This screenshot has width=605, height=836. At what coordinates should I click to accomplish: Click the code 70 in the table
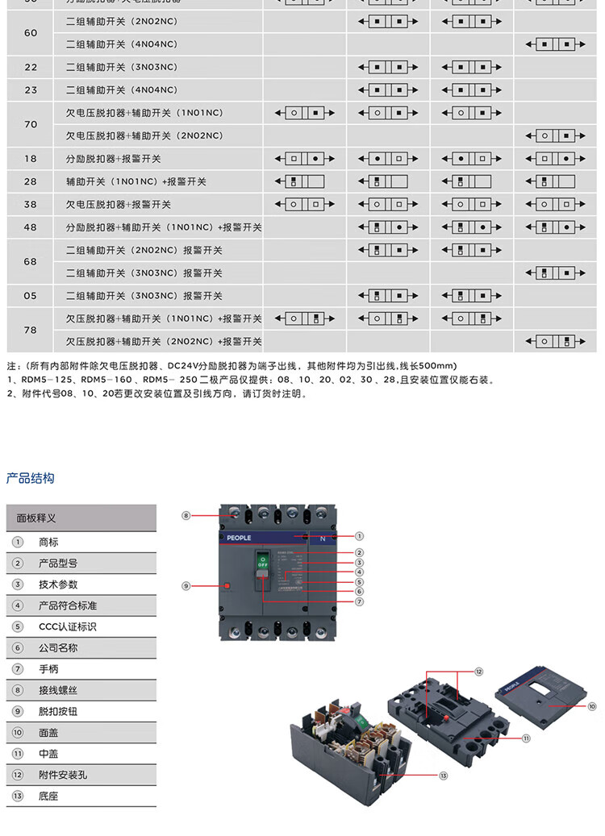click(31, 124)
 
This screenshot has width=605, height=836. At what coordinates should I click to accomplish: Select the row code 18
click(31, 159)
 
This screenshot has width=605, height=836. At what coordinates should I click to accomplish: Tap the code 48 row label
click(31, 227)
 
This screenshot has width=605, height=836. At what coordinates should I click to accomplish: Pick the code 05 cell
click(31, 296)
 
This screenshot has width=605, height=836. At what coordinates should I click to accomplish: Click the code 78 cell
click(31, 330)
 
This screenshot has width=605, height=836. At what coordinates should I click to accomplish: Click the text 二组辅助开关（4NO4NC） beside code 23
click(121, 89)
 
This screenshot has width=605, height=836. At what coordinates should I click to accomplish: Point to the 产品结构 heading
click(30, 478)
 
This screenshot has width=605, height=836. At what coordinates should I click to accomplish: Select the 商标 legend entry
click(48, 542)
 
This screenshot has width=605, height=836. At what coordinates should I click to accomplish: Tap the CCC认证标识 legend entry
click(67, 626)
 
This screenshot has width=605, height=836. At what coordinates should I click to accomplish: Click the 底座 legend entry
click(48, 796)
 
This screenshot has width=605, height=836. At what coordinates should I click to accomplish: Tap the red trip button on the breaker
click(227, 586)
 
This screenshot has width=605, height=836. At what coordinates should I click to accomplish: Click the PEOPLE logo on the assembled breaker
click(235, 538)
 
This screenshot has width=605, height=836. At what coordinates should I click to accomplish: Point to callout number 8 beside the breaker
click(186, 515)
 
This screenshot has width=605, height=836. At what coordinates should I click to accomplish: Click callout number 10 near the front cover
click(591, 706)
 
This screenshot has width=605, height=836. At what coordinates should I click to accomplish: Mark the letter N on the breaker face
click(323, 538)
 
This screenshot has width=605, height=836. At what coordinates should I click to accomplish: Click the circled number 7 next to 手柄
click(18, 669)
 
